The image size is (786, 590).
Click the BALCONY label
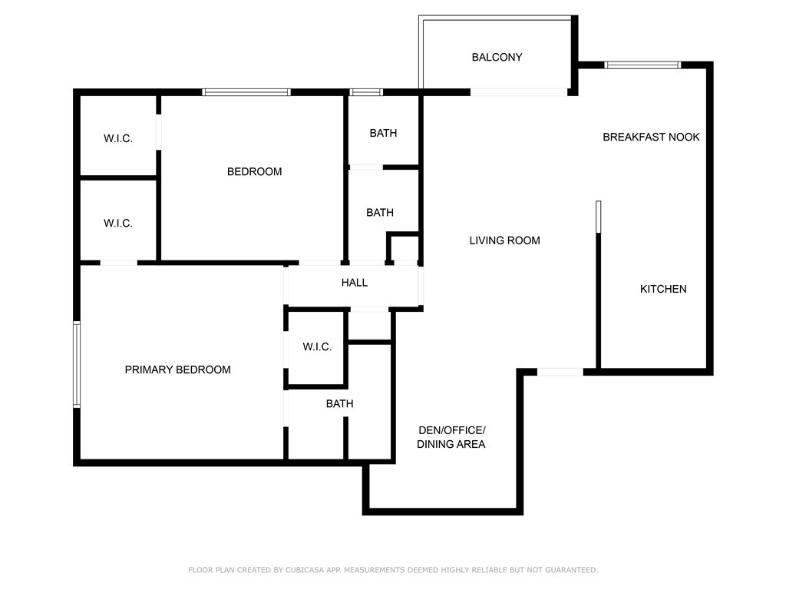coord(497,57)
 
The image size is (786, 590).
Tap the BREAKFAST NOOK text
coord(651,137)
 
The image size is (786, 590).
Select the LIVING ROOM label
coord(504,240)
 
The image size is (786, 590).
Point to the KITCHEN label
coord(662,289)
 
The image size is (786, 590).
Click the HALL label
coord(355,283)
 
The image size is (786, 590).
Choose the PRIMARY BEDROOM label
coord(177,370)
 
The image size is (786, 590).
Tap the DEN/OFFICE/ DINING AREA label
coord(451,437)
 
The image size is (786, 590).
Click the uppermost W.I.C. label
coord(117,138)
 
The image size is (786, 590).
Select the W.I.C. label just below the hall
coord(317,346)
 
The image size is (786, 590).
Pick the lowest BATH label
coord(339,403)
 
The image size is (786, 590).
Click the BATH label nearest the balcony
coord(383,133)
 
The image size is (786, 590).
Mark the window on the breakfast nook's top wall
coord(642,65)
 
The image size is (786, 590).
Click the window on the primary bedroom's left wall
coord(77,364)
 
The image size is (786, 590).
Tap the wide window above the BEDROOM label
coord(246,92)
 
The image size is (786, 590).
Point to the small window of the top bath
coord(366,92)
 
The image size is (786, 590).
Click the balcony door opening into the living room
coord(519,92)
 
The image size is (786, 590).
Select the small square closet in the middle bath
coord(404,248)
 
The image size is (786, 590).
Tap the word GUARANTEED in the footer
coord(571,570)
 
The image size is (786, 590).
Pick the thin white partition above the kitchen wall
coord(598,217)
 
